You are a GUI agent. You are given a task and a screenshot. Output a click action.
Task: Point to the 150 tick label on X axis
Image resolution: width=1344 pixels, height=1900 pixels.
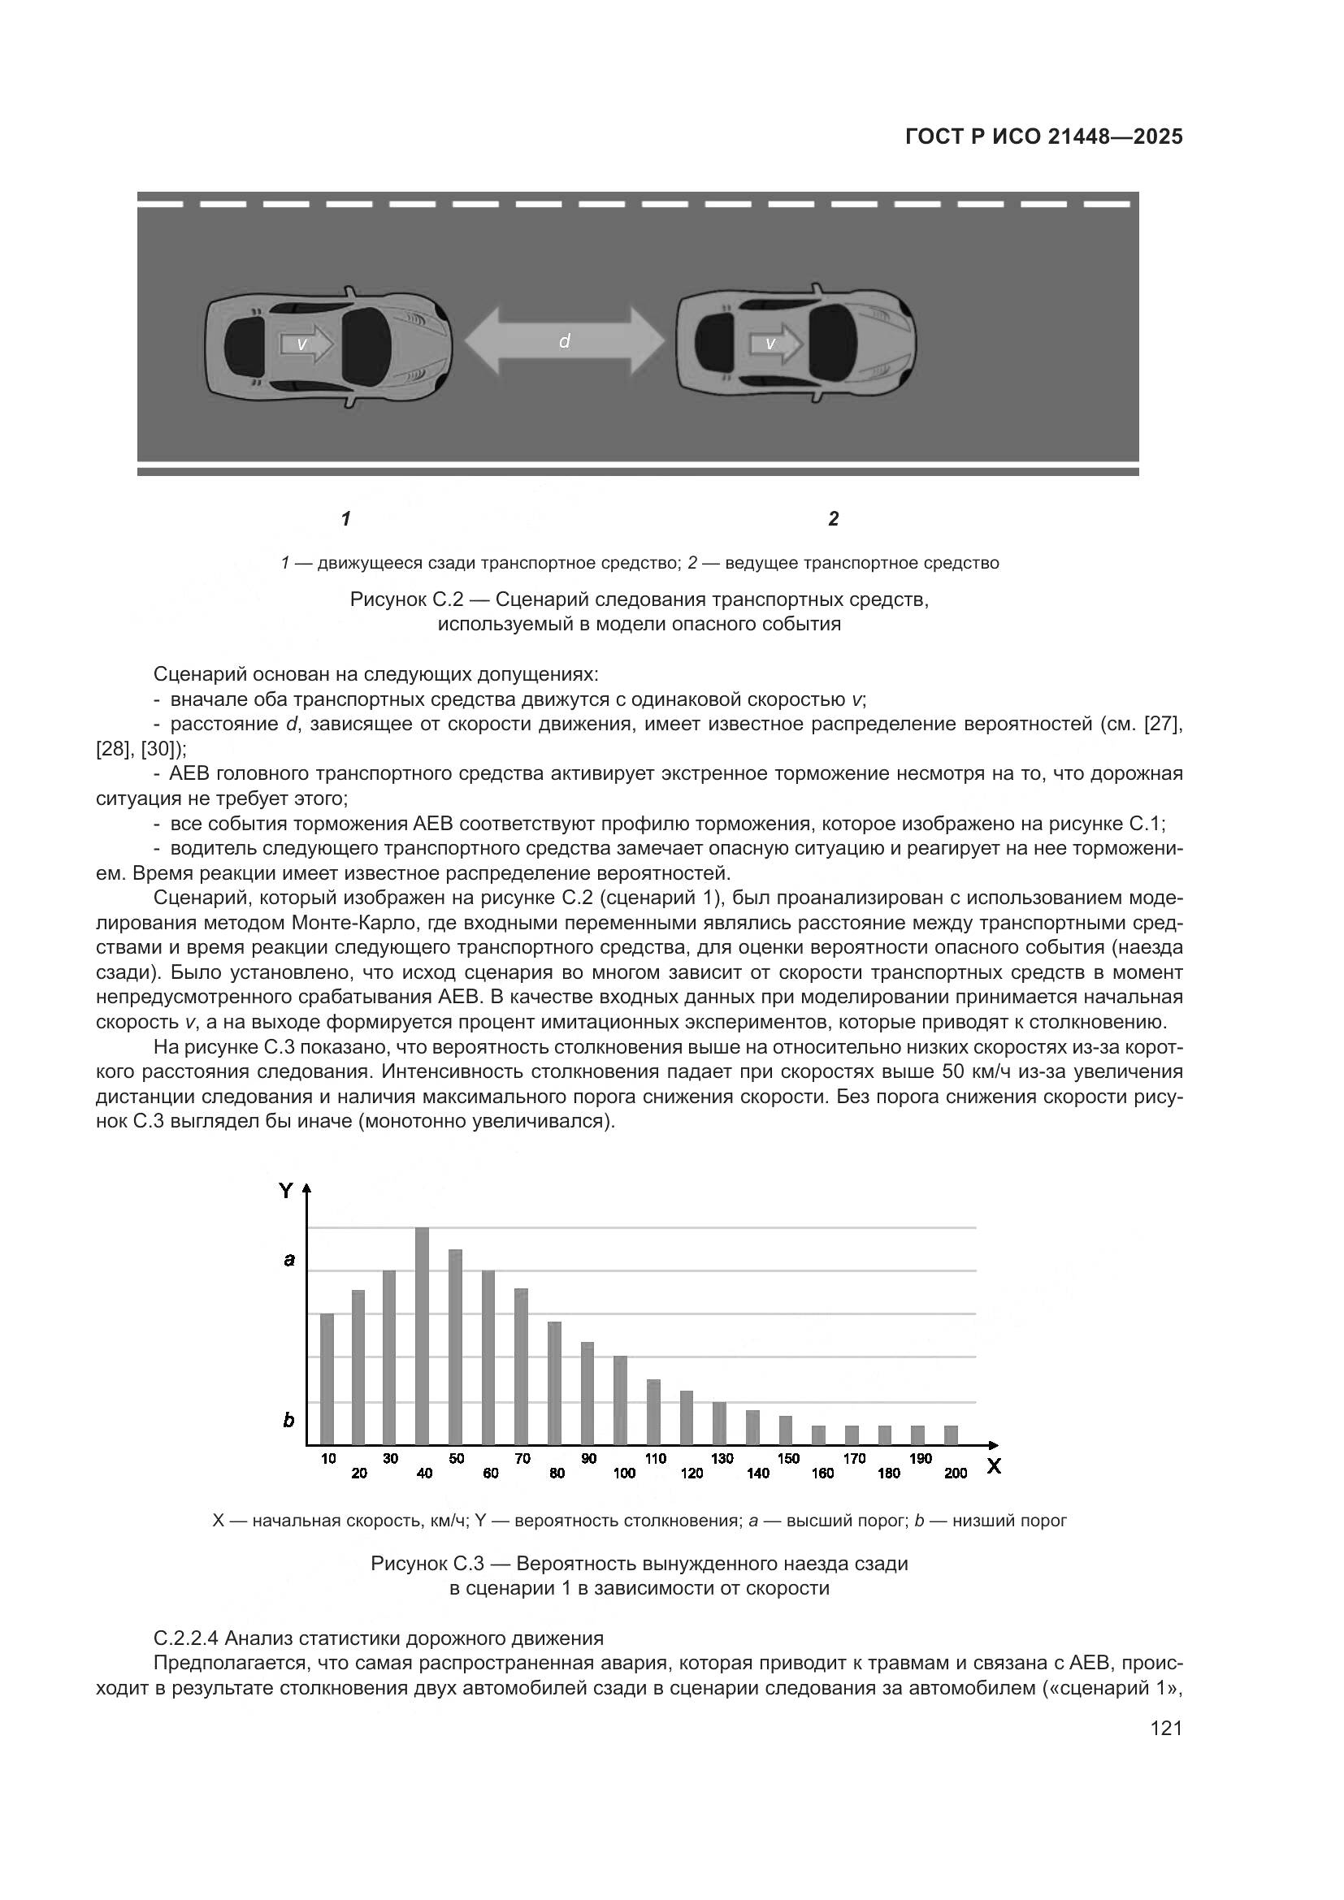pyautogui.click(x=788, y=1458)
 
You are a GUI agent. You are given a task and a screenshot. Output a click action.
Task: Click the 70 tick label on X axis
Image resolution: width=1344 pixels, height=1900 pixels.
pyautogui.click(x=522, y=1458)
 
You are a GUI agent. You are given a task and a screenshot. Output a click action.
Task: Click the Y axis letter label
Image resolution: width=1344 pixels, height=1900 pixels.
pyautogui.click(x=285, y=1191)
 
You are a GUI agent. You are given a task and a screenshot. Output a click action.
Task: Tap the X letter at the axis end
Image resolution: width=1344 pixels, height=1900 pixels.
pyautogui.click(x=994, y=1466)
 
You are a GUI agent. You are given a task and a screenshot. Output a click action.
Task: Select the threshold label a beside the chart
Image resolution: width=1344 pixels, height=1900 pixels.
pyautogui.click(x=288, y=1261)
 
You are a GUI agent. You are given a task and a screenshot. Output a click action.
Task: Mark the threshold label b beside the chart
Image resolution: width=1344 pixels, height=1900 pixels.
pyautogui.click(x=288, y=1420)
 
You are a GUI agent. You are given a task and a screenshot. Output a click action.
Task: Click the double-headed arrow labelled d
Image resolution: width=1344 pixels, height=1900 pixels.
pyautogui.click(x=565, y=341)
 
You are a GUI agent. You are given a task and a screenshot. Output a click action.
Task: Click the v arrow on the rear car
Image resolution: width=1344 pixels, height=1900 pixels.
pyautogui.click(x=306, y=343)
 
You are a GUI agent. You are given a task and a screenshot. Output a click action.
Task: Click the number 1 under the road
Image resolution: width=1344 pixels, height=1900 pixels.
pyautogui.click(x=346, y=519)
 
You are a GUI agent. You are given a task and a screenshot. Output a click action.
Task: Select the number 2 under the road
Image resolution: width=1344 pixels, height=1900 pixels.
pyautogui.click(x=834, y=519)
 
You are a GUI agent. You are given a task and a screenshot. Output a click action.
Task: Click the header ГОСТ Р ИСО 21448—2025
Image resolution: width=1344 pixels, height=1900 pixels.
pyautogui.click(x=1043, y=136)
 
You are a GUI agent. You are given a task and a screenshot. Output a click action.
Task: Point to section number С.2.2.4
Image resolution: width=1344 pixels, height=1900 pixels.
pyautogui.click(x=187, y=1638)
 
